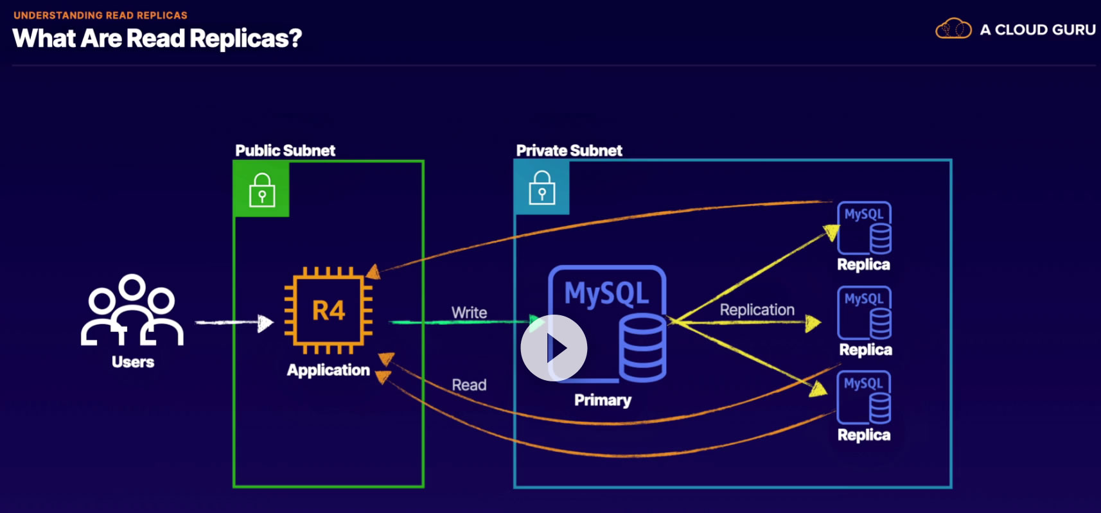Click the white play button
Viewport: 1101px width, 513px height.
point(554,348)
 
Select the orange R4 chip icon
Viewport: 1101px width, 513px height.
point(329,311)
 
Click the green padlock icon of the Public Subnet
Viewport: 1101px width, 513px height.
point(261,189)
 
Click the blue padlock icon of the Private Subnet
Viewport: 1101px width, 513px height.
point(542,187)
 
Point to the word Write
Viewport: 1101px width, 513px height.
point(469,313)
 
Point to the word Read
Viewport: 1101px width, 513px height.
point(469,385)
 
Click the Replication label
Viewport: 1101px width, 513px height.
point(757,310)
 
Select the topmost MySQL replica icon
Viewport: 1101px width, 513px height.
point(864,228)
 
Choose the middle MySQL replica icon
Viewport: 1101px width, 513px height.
point(864,313)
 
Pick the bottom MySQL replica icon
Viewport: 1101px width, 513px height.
point(864,397)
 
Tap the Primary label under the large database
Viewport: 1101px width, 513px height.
point(603,400)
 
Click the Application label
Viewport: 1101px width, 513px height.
point(328,370)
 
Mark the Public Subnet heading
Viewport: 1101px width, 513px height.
point(285,151)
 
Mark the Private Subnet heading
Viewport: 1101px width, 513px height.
point(569,151)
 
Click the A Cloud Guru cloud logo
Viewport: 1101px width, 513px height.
point(953,29)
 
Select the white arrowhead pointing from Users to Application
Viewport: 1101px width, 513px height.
point(265,323)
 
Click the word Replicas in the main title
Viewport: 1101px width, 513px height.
point(245,39)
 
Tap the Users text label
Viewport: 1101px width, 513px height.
point(133,362)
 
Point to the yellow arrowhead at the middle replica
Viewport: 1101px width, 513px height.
point(813,323)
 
